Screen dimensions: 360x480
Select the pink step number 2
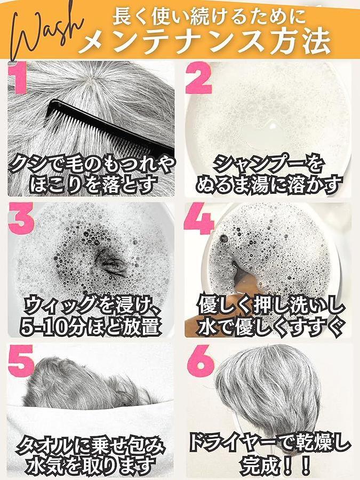(199, 78)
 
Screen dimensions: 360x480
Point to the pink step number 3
(21, 218)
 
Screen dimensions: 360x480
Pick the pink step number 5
(21, 361)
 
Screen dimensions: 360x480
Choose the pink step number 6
(201, 361)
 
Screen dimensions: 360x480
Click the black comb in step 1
(110, 129)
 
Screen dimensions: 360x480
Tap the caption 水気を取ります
(91, 466)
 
